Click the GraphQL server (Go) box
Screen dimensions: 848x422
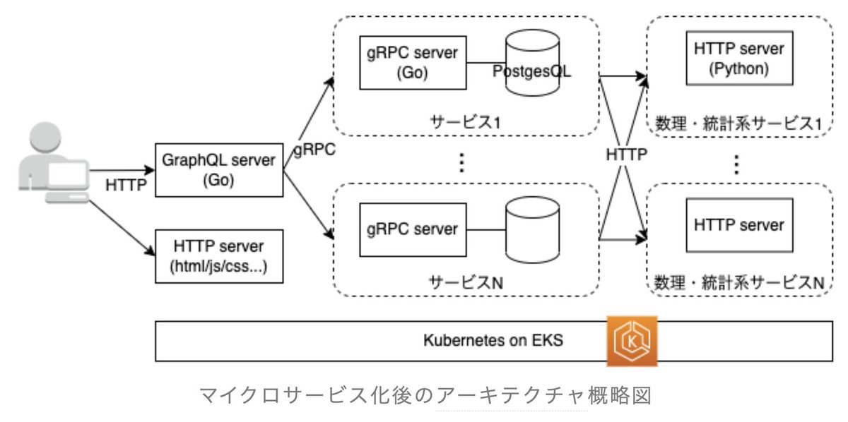[x=219, y=170]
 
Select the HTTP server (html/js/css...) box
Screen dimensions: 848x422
[x=219, y=256]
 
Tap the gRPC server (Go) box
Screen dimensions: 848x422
[x=413, y=63]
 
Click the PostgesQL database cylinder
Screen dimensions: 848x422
[x=533, y=63]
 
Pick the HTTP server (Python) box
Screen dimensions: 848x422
[x=740, y=59]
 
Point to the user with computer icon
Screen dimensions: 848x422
[x=54, y=162]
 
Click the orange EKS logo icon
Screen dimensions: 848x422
[x=632, y=342]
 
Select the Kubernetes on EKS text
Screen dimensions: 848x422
[x=493, y=340]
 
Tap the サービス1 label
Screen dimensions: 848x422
[x=465, y=122]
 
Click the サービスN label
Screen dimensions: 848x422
[x=466, y=283]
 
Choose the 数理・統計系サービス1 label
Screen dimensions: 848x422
[x=738, y=124]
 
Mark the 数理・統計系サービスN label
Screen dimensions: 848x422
[x=739, y=283]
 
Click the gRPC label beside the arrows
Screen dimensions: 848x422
[x=314, y=150]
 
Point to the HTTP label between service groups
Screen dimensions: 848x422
[x=627, y=155]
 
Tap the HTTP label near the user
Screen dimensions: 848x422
[x=126, y=186]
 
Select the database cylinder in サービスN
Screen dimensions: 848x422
[x=533, y=230]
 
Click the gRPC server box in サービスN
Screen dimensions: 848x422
[x=413, y=230]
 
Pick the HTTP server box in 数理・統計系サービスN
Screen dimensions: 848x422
[x=740, y=225]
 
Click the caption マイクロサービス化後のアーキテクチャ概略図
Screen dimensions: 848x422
[x=425, y=395]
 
